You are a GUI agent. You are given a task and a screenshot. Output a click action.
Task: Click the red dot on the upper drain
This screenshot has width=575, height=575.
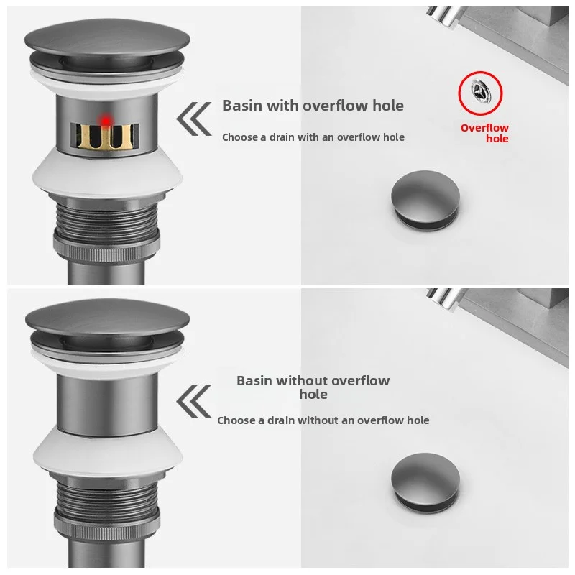[x=106, y=120]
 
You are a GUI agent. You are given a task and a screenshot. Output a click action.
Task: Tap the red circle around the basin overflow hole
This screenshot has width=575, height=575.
[x=459, y=93]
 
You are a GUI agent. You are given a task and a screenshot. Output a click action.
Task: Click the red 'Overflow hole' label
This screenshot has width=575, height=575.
[x=484, y=133]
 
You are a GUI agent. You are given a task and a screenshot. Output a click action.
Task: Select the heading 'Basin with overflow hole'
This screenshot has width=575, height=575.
[x=313, y=106]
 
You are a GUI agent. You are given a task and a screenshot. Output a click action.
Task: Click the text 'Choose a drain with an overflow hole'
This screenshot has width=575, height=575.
[x=313, y=137]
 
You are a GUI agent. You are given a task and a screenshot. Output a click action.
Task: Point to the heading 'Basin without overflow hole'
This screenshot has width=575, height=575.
[x=313, y=387]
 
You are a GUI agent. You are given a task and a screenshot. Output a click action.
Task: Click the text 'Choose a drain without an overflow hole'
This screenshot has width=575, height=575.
[x=323, y=420]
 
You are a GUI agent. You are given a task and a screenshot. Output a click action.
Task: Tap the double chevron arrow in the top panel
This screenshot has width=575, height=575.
[x=193, y=119]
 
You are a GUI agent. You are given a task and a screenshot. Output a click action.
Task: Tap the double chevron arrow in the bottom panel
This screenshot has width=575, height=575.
[x=193, y=402]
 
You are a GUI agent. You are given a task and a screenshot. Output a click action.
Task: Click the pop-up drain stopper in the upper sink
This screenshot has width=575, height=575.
[x=425, y=200]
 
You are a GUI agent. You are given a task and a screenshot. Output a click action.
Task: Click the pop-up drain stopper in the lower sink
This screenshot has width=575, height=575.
[x=425, y=482]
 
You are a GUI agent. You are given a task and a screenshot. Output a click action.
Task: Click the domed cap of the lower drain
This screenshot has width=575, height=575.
[x=107, y=321]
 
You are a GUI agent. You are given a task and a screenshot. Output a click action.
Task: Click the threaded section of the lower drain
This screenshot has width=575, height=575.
[x=107, y=503]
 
